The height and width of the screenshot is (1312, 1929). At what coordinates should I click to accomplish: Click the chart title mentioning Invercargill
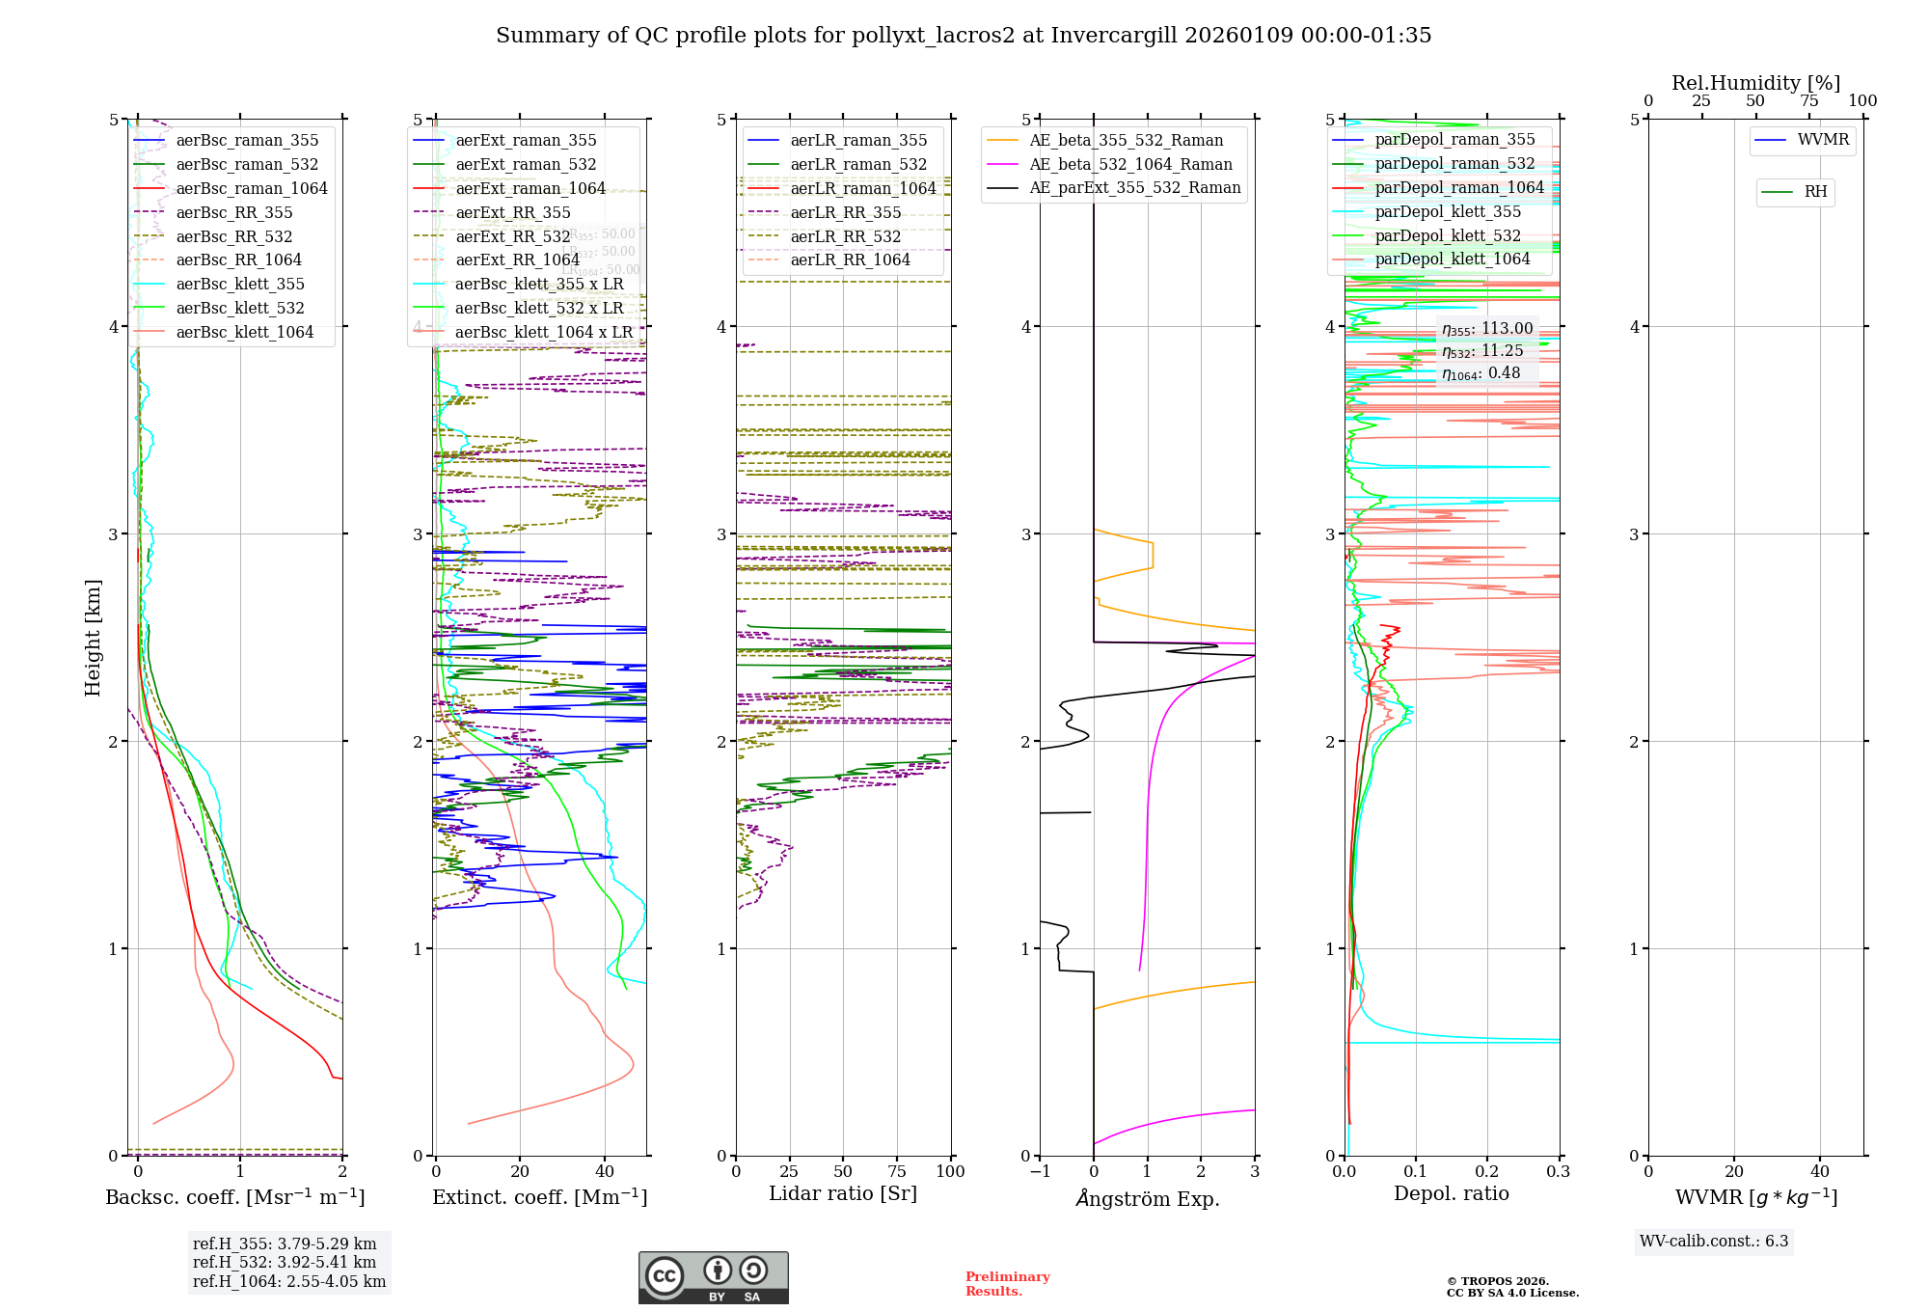(964, 36)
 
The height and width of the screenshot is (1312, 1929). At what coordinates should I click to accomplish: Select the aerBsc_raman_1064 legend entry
(251, 188)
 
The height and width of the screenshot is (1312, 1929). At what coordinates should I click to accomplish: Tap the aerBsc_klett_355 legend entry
(239, 284)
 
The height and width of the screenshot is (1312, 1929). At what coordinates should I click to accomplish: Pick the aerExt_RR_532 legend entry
(512, 236)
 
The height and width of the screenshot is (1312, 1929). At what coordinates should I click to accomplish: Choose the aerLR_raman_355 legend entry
(858, 140)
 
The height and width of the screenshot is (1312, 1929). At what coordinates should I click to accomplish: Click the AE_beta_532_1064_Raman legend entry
(1130, 164)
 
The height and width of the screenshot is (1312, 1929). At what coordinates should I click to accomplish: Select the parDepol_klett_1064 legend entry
(1452, 259)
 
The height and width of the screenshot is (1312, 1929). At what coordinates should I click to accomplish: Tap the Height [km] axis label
(93, 638)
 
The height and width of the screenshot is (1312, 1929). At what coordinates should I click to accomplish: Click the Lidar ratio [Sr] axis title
(843, 1193)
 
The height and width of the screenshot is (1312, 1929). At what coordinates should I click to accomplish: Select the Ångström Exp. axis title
(1148, 1198)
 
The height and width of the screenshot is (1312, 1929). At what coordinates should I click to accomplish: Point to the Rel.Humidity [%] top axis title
(1755, 83)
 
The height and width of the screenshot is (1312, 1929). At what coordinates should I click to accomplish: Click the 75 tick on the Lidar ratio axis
(897, 1171)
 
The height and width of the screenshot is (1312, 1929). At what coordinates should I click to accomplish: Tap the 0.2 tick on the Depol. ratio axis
(1487, 1171)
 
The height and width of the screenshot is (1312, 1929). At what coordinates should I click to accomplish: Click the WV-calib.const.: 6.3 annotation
(1714, 1241)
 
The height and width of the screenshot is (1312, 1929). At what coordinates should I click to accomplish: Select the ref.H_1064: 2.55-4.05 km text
(289, 1281)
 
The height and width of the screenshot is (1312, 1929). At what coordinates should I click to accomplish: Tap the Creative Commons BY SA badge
(713, 1277)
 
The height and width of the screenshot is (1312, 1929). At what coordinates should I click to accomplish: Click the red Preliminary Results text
(1007, 1284)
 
